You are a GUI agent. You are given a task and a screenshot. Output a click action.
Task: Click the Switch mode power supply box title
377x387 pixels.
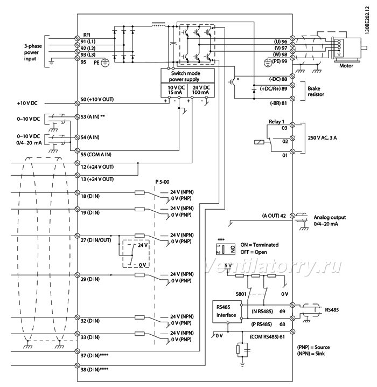pos(185,76)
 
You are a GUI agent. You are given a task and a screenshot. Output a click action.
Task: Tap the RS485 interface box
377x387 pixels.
pos(227,311)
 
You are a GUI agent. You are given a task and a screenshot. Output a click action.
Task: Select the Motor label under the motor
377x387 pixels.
pos(346,66)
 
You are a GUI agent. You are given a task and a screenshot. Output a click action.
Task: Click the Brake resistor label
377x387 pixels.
pos(316,91)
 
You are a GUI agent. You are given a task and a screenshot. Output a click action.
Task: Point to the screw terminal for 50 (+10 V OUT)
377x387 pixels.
pos(77,103)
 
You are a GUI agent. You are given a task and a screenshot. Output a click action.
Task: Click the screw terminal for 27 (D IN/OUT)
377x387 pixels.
pos(77,236)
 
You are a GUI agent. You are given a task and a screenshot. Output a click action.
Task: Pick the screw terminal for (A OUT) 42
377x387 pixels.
pos(292,216)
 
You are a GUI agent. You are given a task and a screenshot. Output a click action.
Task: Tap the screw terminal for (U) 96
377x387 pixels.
pos(292,38)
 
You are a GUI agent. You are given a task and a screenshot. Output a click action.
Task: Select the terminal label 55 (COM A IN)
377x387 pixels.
pos(96,155)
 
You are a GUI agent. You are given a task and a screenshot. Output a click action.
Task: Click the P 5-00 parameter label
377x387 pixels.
pos(162,182)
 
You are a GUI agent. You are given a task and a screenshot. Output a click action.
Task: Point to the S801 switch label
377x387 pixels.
pos(241,294)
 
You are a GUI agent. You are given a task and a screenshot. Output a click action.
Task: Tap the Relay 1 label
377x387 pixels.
pos(276,121)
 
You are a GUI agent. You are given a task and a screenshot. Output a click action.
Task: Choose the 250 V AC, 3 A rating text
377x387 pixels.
pos(322,138)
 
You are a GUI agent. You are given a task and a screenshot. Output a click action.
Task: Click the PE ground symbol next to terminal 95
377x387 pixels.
pos(105,63)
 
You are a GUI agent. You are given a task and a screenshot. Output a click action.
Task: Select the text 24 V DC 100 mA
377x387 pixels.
pos(201,90)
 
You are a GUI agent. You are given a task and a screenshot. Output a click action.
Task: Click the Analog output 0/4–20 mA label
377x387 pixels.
pos(330,220)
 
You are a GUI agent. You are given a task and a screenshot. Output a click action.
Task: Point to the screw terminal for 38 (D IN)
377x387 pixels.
pos(77,365)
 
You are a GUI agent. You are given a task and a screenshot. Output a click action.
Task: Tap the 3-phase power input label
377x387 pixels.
pos(33,52)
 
